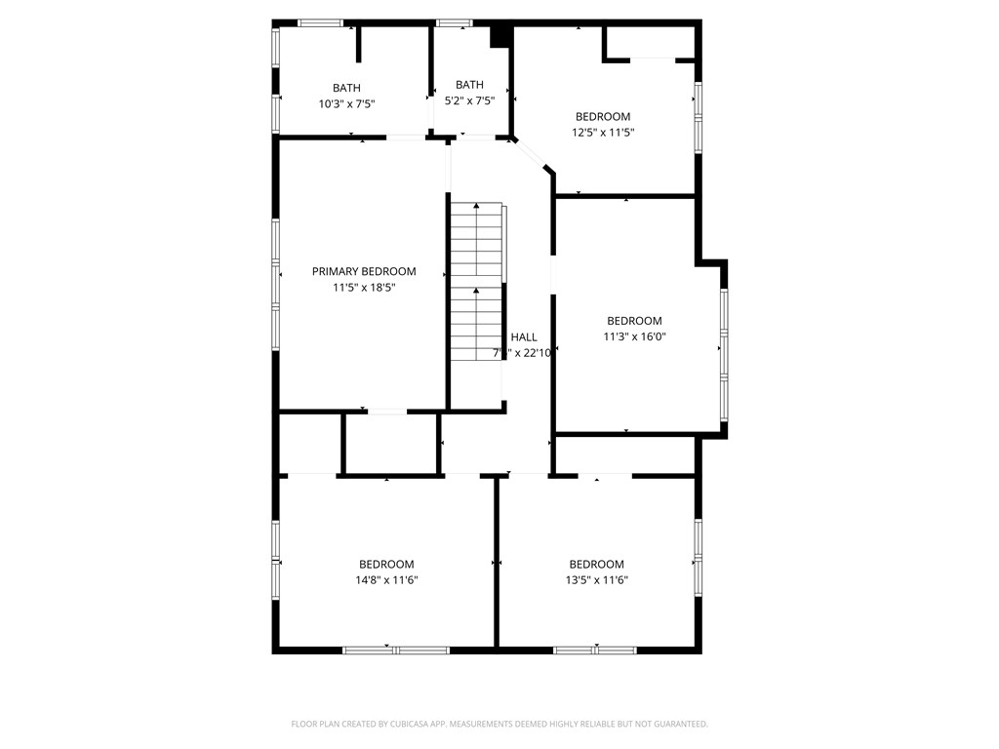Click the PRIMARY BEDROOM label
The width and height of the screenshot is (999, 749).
[x=363, y=271]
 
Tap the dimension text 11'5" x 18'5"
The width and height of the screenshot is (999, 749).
[x=363, y=288]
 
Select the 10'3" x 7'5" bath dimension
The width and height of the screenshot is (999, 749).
[x=346, y=103]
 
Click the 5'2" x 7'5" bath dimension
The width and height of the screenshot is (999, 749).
[x=469, y=100]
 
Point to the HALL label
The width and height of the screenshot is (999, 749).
[x=524, y=337]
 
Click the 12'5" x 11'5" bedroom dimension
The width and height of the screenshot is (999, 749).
[x=603, y=133]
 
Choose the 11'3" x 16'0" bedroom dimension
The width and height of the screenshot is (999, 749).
[x=634, y=336]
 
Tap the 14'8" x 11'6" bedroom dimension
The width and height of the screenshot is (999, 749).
[x=386, y=580]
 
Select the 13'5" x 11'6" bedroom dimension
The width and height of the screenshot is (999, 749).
[x=596, y=580]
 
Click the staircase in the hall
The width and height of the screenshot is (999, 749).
[x=476, y=283]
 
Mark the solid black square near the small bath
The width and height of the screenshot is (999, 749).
[x=499, y=35]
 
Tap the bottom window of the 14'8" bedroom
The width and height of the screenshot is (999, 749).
[x=396, y=650]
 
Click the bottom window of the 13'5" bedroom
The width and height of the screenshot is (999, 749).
[x=595, y=650]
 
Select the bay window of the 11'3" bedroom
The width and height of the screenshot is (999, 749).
[x=724, y=353]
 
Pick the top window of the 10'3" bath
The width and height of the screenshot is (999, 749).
[x=320, y=22]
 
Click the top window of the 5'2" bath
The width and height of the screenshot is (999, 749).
[x=454, y=22]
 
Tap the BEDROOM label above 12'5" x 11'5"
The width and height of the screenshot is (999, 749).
[x=603, y=117]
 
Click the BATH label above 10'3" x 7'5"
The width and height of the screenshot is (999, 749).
[x=346, y=88]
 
